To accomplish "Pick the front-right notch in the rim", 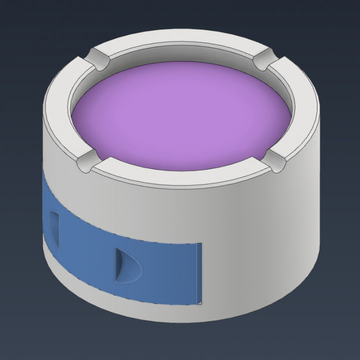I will pos(272,160).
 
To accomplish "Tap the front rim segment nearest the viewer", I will pos(180,178).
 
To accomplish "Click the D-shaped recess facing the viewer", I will pos(126,263).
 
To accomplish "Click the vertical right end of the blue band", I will pos(200,274).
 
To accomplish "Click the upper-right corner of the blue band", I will pos(200,245).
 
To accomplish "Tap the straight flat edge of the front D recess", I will pos(116,263).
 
